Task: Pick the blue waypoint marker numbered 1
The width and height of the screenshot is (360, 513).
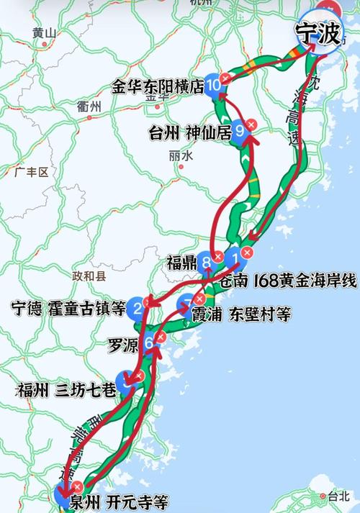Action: pyautogui.click(x=233, y=257)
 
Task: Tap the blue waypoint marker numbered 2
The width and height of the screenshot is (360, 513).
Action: pyautogui.click(x=137, y=310)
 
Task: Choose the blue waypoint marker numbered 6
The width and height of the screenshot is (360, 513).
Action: pyautogui.click(x=149, y=343)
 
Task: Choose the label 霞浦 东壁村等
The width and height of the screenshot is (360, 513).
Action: pyautogui.click(x=231, y=314)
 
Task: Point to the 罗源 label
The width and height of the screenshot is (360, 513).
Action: pyautogui.click(x=124, y=343)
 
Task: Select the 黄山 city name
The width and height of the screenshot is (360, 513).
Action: pyautogui.click(x=44, y=33)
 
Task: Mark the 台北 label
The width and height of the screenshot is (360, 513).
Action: pyautogui.click(x=337, y=496)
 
